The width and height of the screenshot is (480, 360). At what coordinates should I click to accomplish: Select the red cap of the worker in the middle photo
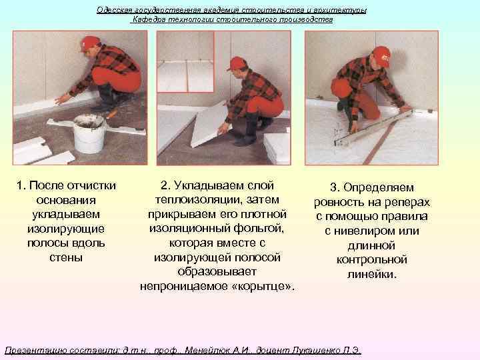[x=237, y=63]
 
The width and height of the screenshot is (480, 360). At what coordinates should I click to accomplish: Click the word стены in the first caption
[x=67, y=257]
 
